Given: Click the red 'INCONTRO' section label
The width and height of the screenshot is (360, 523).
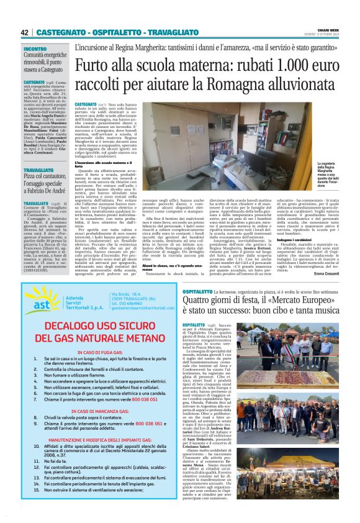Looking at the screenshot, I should click(x=35, y=48).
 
